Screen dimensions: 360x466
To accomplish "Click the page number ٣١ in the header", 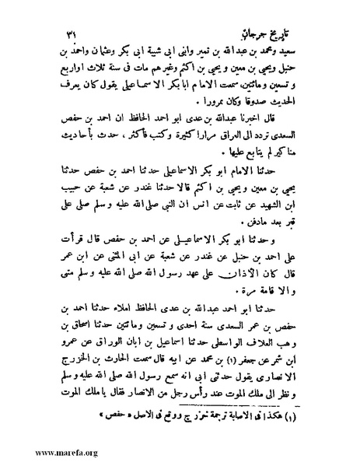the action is click(x=67, y=36).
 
